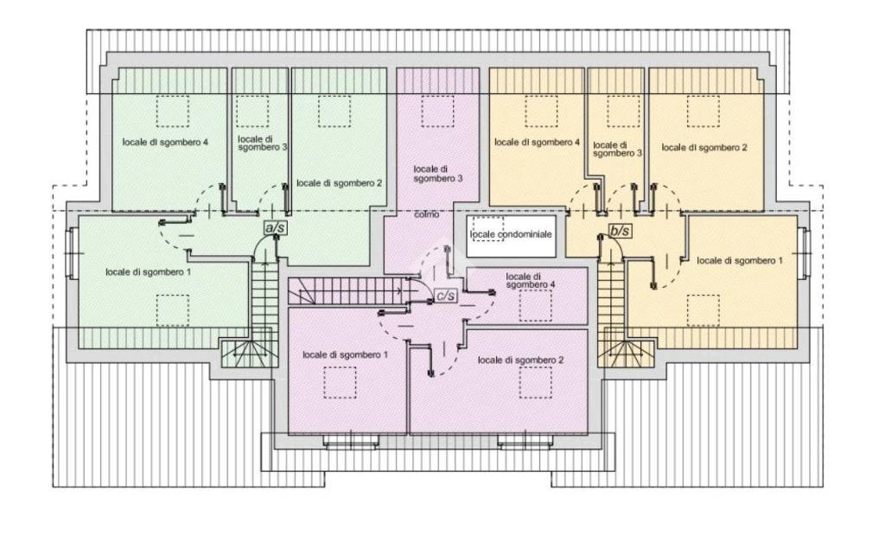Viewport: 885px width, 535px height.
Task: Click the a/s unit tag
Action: tap(276, 227)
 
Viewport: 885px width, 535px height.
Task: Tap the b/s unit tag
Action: tap(620, 231)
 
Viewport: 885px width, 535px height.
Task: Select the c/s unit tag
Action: tap(445, 295)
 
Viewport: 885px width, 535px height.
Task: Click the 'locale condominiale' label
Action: tap(511, 234)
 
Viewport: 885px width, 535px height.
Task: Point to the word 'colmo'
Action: tap(426, 214)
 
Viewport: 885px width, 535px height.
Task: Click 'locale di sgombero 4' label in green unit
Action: tap(165, 143)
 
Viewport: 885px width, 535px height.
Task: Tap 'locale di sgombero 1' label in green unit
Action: tap(148, 272)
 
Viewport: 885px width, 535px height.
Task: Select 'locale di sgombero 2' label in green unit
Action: tap(339, 183)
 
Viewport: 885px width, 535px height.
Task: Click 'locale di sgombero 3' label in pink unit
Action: tap(438, 174)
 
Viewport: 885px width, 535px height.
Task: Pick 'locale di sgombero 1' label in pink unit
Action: tap(345, 355)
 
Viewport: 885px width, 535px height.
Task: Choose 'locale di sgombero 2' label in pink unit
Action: tap(520, 360)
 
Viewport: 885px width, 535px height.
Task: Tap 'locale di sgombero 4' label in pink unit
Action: tap(530, 281)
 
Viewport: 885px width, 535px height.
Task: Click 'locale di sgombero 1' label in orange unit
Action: tap(740, 261)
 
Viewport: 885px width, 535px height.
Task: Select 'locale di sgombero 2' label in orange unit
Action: tap(704, 147)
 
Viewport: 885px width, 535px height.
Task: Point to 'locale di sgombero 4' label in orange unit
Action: tap(537, 143)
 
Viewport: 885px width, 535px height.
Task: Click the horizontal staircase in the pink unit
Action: tap(347, 291)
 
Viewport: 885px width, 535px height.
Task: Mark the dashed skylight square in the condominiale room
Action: tap(487, 228)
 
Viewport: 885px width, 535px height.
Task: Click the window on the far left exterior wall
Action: tap(72, 253)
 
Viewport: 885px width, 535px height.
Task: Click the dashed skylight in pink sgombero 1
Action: tap(340, 383)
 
